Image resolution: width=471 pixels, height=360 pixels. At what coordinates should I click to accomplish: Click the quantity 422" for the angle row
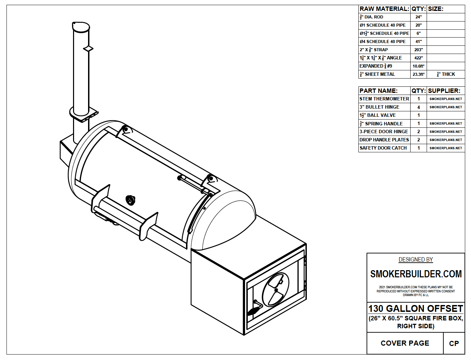[x=418, y=58]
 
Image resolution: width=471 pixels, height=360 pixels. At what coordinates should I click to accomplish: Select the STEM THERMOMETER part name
[x=384, y=99]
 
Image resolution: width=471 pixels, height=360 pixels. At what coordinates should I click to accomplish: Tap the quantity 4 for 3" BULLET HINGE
[x=418, y=107]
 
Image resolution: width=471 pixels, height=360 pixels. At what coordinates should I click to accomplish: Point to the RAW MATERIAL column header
[x=384, y=9]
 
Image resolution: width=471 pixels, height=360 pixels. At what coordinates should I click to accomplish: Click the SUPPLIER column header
[x=444, y=91]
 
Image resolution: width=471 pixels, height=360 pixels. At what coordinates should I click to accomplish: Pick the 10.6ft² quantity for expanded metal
[x=418, y=66]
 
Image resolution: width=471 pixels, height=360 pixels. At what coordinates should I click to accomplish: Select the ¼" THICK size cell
[x=446, y=74]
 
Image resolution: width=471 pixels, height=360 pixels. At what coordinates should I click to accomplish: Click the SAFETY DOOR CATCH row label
[x=383, y=148]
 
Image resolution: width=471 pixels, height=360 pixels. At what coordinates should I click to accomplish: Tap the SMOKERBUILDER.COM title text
[x=416, y=274]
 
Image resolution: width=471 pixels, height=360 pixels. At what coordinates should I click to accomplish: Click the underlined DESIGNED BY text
[x=416, y=260]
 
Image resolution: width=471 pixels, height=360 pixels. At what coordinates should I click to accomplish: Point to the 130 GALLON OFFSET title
[x=415, y=309]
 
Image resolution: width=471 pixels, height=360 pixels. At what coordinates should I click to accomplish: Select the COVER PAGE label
[x=405, y=343]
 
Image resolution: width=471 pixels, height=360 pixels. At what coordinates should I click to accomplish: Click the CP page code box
[x=454, y=344]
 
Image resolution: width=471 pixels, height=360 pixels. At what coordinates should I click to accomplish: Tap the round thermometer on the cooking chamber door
[x=130, y=200]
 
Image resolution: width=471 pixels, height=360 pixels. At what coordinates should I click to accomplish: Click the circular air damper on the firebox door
[x=275, y=290]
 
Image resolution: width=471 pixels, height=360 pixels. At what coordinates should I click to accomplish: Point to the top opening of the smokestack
[x=81, y=27]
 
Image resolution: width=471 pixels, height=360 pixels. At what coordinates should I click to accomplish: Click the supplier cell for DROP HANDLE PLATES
[x=446, y=140]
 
